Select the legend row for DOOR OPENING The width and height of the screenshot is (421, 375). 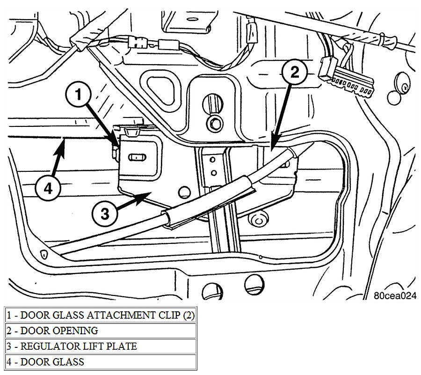(100, 331)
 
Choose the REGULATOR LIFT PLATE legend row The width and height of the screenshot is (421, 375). (100, 346)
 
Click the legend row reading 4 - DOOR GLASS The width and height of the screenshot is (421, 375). (100, 361)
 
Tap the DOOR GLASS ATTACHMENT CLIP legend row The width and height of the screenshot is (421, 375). (100, 315)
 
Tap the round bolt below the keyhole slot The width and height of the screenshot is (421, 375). (216, 123)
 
